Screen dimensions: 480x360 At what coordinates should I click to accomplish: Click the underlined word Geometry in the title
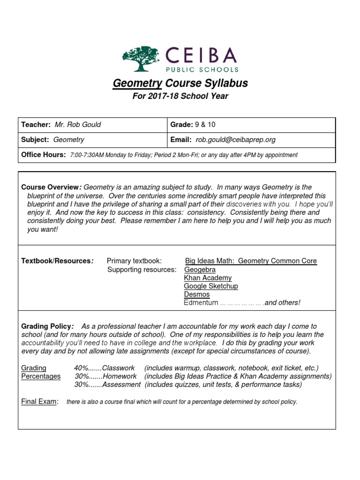point(137,83)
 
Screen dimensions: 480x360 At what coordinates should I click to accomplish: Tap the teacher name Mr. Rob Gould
point(78,125)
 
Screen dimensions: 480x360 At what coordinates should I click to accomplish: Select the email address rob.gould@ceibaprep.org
point(236,140)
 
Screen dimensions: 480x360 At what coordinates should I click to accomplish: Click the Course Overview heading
point(51,187)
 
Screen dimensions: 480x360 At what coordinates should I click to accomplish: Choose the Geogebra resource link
point(200,270)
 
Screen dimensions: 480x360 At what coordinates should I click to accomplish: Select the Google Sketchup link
point(211,286)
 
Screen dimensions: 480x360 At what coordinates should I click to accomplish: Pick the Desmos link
point(197,294)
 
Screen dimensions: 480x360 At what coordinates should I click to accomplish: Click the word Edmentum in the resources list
point(201,303)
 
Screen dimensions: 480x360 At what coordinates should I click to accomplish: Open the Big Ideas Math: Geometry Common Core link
point(251,261)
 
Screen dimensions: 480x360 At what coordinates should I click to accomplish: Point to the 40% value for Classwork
point(81,368)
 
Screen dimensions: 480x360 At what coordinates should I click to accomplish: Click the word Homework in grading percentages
point(120,376)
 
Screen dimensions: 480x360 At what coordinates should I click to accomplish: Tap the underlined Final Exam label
point(39,402)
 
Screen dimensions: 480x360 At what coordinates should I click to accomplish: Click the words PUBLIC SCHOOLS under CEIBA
point(202,69)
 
